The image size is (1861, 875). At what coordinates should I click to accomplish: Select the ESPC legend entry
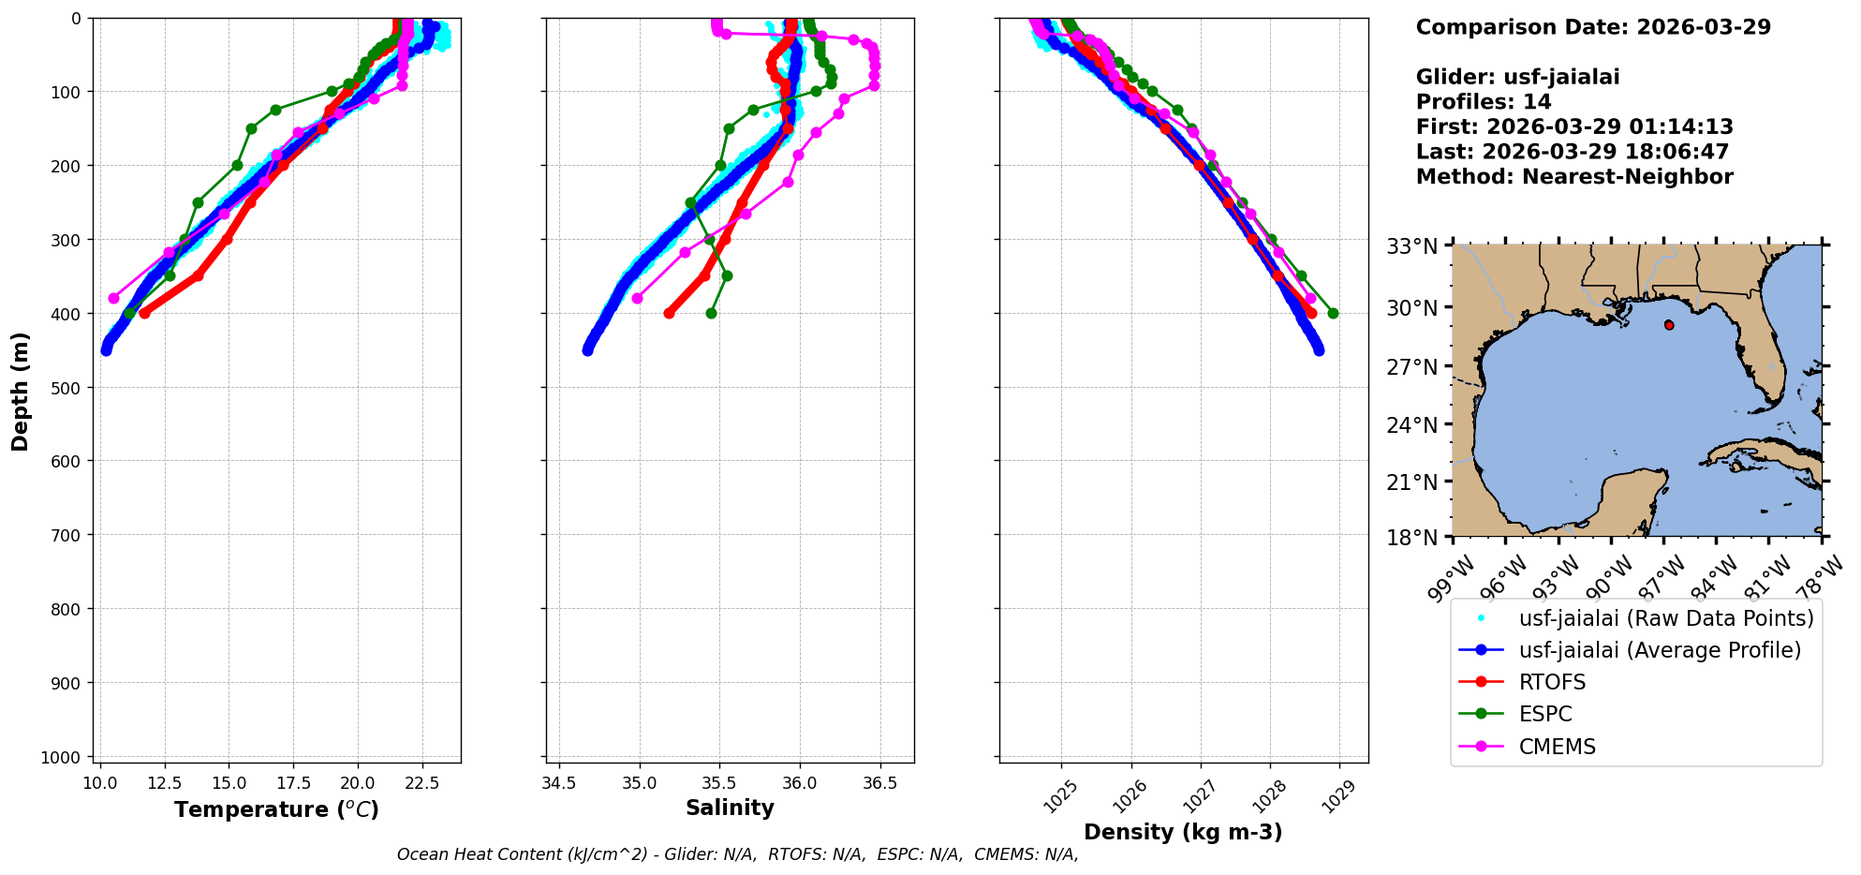[x=1545, y=714]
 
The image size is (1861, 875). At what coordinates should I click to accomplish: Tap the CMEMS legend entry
[x=1557, y=747]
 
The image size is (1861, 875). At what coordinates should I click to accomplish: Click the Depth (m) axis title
[x=21, y=392]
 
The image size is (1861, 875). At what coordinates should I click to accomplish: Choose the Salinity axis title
[x=730, y=808]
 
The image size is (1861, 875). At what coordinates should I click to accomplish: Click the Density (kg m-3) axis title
[x=1183, y=832]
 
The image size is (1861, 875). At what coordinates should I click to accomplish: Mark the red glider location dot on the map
[x=1668, y=325]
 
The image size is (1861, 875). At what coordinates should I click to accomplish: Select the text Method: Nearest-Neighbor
[x=1574, y=176]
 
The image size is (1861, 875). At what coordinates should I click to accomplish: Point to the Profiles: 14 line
[x=1484, y=102]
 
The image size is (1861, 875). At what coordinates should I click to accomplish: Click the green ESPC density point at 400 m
[x=1333, y=313]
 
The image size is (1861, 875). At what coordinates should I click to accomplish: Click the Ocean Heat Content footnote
[x=737, y=854]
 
